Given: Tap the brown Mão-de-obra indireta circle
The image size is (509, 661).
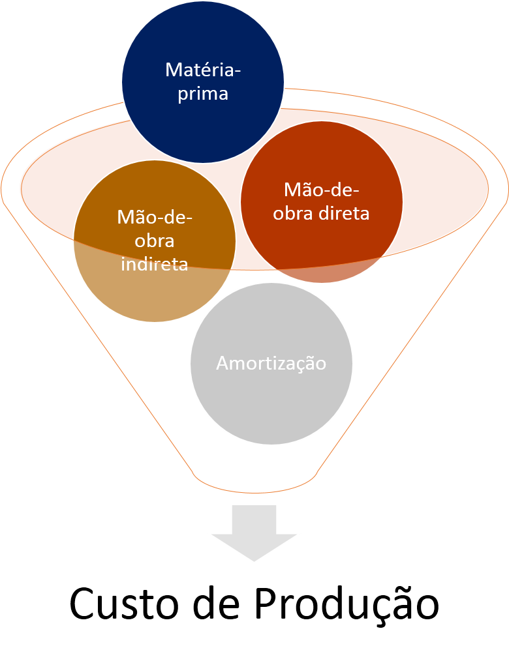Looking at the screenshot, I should (x=155, y=293).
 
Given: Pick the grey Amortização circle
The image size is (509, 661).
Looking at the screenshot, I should (x=271, y=404).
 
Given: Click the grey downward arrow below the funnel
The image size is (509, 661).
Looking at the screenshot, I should (x=254, y=531).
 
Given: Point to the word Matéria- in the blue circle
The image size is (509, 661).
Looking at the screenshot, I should (x=203, y=69).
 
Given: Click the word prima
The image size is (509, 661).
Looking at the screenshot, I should (x=203, y=93).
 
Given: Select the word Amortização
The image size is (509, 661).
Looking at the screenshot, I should (x=271, y=363).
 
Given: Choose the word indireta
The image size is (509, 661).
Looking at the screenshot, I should (x=155, y=264).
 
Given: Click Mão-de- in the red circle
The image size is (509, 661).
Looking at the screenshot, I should (x=322, y=190).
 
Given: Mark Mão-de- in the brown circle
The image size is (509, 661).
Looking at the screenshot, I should (x=155, y=217).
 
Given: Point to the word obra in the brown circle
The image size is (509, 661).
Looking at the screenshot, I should (x=155, y=241).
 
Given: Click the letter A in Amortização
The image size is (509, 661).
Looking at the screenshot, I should (x=223, y=363).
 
